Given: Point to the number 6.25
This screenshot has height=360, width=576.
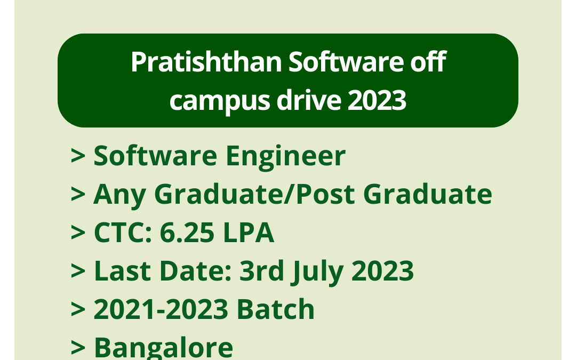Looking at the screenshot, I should pos(184,233).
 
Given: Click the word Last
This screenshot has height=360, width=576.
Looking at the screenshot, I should pos(117,271).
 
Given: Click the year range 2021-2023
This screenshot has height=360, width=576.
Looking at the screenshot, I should pos(161,309).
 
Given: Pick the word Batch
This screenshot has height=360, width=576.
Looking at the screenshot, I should pos(276,309).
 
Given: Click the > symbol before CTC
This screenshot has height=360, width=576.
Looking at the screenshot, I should pos(78,233).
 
